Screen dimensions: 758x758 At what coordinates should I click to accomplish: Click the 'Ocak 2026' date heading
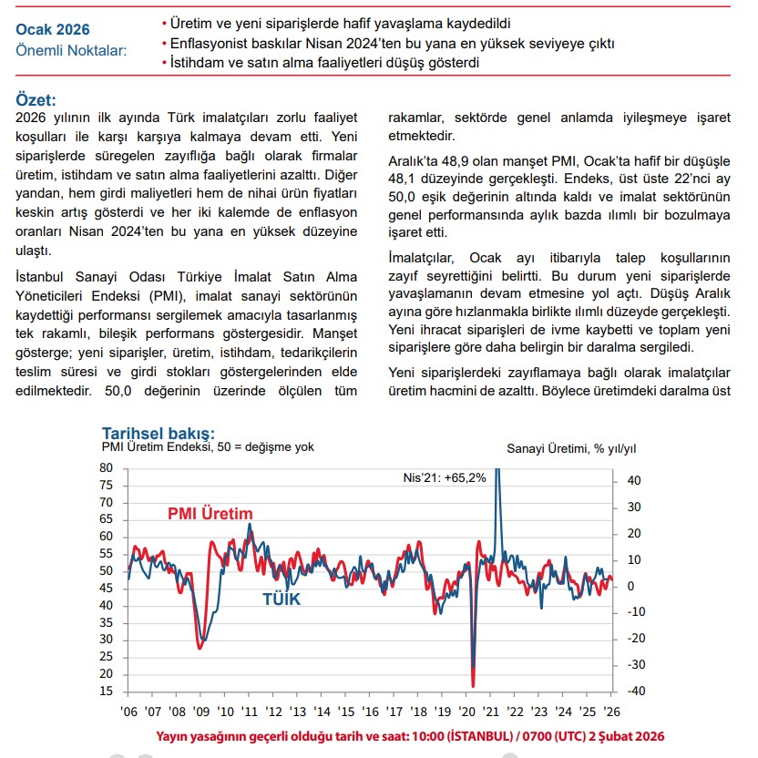[53, 29]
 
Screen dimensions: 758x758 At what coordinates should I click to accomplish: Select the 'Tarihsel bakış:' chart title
[158, 434]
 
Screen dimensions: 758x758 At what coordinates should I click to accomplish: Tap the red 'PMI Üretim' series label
[210, 514]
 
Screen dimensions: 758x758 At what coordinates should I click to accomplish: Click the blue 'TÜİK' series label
[282, 599]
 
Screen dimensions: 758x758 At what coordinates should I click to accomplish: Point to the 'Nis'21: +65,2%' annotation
[444, 477]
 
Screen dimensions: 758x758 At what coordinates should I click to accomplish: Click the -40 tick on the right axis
[634, 691]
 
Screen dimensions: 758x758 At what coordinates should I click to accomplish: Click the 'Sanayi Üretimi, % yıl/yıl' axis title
[571, 447]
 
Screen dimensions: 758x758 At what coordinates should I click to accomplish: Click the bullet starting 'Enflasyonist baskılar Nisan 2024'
[390, 43]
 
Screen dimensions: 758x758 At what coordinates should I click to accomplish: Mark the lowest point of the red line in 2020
[473, 685]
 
